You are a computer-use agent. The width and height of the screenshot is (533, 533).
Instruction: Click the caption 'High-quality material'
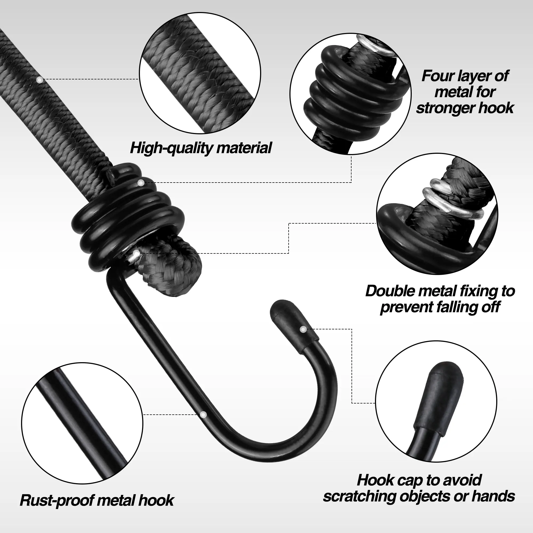tap(201, 148)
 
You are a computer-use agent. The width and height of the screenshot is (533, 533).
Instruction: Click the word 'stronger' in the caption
tap(445, 108)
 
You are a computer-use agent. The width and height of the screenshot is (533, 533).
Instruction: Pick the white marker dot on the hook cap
tap(303, 329)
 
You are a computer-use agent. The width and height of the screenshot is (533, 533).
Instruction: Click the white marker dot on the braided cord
tap(40, 80)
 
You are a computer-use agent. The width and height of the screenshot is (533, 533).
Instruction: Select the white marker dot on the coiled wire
tap(141, 183)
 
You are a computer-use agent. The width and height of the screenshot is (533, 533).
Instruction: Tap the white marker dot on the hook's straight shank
tap(203, 422)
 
